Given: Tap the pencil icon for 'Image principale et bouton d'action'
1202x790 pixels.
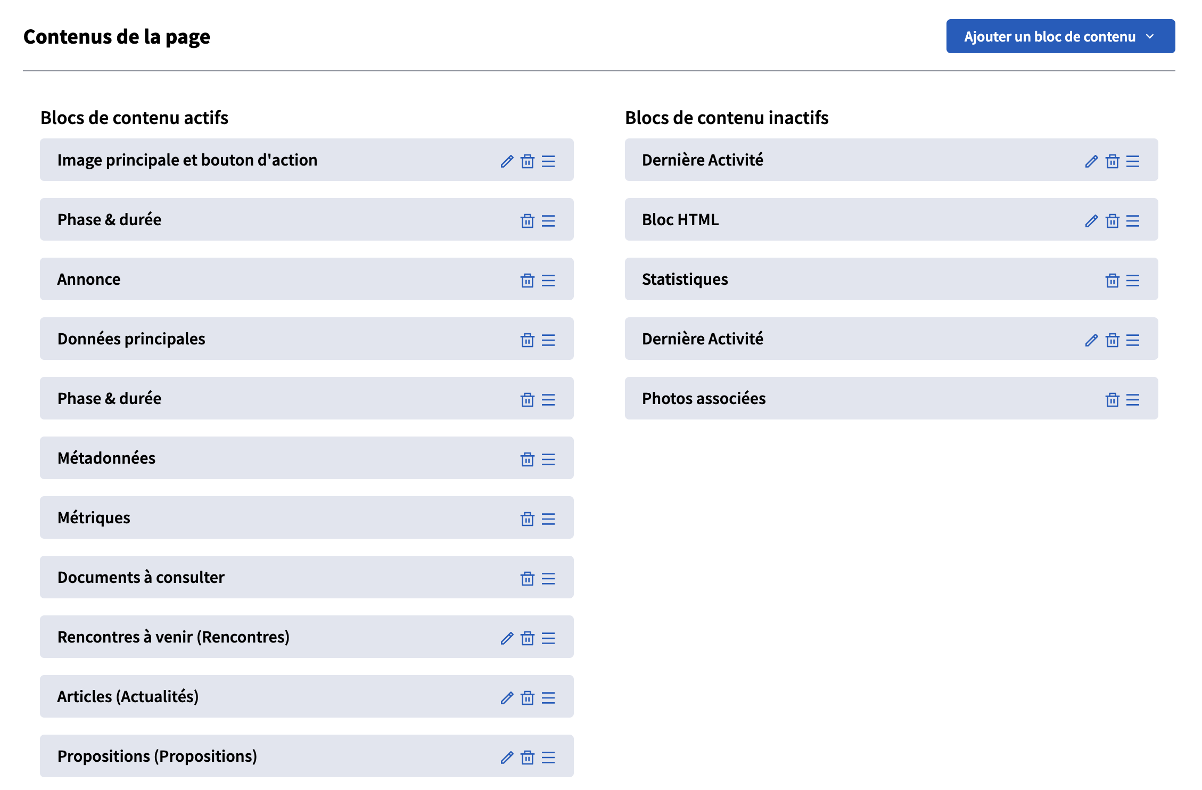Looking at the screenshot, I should [x=507, y=161].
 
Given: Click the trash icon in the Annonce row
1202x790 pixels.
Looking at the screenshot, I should [x=527, y=281].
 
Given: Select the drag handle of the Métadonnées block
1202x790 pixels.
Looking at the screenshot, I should [x=548, y=459].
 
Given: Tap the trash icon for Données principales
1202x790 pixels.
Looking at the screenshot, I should [x=527, y=340].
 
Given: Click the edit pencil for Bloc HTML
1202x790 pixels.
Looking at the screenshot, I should [x=1091, y=221].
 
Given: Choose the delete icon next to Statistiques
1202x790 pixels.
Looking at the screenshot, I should [x=1112, y=281].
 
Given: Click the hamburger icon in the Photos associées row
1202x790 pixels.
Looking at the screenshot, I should [x=1133, y=400].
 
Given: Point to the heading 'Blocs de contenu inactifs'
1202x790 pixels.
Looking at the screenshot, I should [x=727, y=118].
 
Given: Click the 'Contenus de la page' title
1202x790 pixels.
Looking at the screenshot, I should [x=117, y=37].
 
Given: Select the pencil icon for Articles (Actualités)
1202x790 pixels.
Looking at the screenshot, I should [x=507, y=698].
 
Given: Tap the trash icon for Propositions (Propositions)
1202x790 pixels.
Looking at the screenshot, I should [x=527, y=758].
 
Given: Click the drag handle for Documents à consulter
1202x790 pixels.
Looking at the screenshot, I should [x=548, y=579].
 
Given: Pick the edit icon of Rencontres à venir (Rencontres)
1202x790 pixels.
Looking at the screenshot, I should [x=507, y=638].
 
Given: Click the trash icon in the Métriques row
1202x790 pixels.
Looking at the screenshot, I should [x=527, y=519].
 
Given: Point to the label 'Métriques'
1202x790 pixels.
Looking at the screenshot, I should [x=94, y=518].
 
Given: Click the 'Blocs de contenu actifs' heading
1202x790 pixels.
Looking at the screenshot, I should [x=134, y=118].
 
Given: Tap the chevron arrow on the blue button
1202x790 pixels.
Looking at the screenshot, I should [x=1150, y=37].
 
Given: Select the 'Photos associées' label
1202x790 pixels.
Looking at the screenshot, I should [x=703, y=399].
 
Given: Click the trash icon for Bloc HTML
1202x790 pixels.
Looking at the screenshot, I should [x=1112, y=221].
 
